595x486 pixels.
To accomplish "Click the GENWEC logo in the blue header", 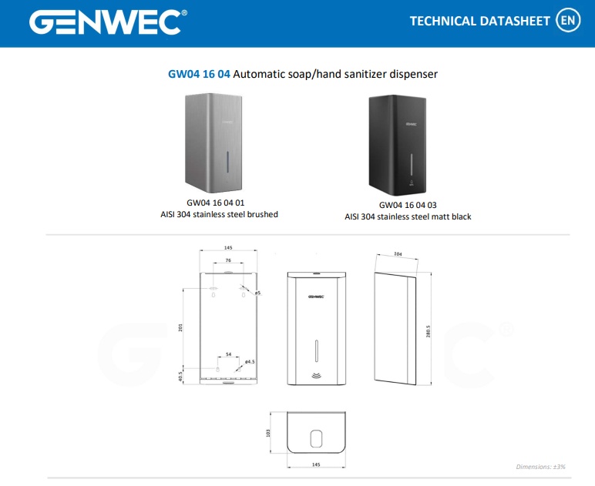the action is point(108,22).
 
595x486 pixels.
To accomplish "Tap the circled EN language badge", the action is point(568,20).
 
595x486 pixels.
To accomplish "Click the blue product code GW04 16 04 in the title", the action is point(199,74).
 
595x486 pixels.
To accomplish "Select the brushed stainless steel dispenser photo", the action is point(213,143).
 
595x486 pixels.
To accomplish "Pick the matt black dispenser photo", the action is point(397,146).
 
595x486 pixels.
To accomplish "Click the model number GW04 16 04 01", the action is point(216,203).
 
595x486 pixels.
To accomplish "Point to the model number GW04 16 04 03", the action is point(408,205).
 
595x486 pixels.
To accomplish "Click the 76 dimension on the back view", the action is point(228,260).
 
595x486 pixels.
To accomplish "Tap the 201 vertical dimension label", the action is point(180,327).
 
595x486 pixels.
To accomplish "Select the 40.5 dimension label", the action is point(180,377).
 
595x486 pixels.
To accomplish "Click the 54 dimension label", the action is point(228,354).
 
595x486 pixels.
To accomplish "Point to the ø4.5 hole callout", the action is point(250,362).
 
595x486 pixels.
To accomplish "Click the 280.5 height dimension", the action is point(428,331).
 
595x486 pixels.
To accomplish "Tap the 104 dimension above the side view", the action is point(398,254).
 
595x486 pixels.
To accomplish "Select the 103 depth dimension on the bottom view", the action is point(268,433).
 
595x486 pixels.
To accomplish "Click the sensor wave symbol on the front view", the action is point(317,376).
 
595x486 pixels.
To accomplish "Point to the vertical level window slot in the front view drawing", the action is point(317,351).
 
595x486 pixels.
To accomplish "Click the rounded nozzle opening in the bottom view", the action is point(317,439).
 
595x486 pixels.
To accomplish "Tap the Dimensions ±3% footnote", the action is point(540,467).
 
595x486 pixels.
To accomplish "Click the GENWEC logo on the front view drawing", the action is point(316,297).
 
